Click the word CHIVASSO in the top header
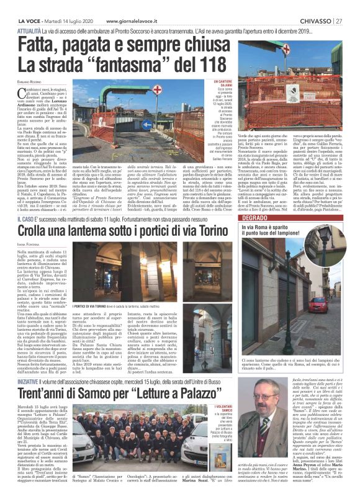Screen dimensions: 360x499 click(x=314, y=5)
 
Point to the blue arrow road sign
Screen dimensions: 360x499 click(x=146, y=124)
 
